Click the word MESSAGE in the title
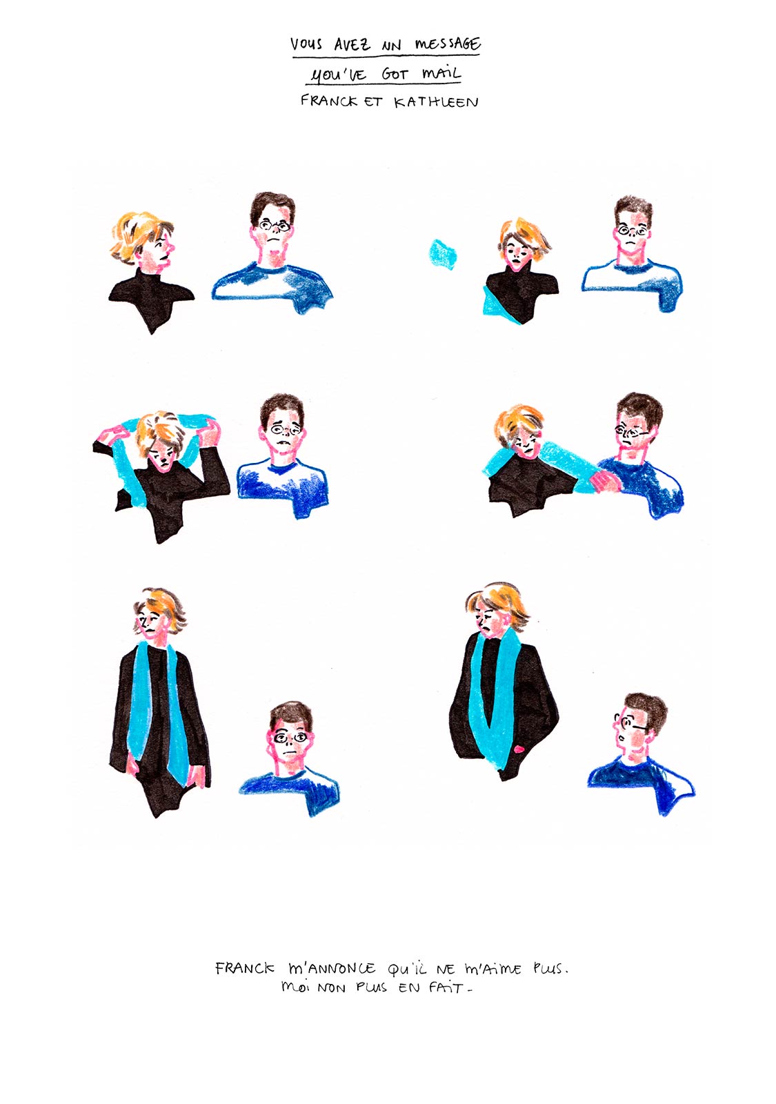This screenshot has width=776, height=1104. click(x=448, y=45)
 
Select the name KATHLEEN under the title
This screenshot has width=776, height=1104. click(x=435, y=102)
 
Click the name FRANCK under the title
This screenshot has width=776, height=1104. click(x=328, y=101)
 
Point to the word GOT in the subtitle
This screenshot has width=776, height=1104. click(x=395, y=75)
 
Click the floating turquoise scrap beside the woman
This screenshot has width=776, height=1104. click(x=442, y=254)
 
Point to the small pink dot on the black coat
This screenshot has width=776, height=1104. click(x=518, y=749)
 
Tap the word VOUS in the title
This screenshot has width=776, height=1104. click(x=306, y=44)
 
